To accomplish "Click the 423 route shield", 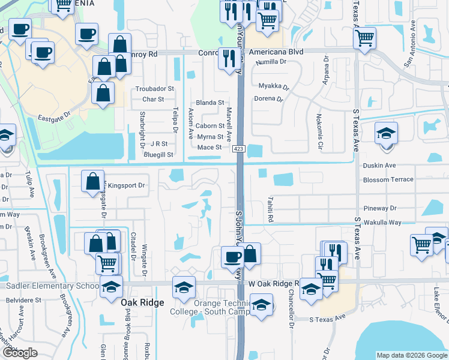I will tap(240, 156).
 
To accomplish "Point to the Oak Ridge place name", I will tap(142, 302).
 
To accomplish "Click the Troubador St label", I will tap(154, 89).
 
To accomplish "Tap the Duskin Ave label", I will tap(379, 165).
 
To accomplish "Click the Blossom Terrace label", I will tap(388, 179).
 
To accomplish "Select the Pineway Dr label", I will tap(384, 208).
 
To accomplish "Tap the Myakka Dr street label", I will tap(274, 86).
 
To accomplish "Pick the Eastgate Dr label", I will tap(55, 119).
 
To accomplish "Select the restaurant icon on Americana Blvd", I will tap(228, 59).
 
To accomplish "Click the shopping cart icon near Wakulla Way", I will tap(421, 244).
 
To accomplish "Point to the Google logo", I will tap(20, 352).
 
